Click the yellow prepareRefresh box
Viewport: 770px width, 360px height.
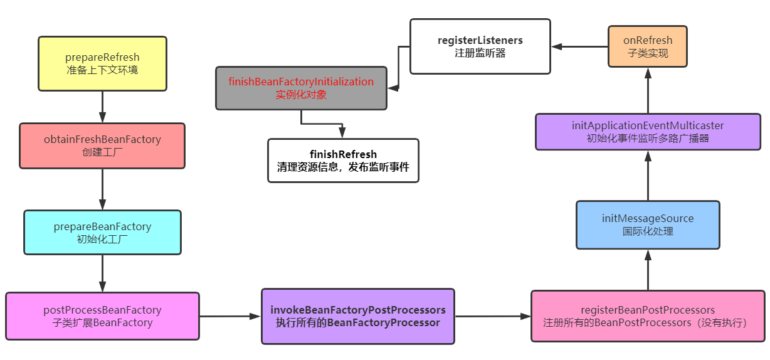102,63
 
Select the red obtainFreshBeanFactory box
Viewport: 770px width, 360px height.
102,146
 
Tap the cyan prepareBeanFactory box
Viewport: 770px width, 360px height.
102,232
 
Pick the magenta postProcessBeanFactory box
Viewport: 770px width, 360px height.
102,316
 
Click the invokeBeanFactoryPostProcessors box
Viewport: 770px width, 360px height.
358,316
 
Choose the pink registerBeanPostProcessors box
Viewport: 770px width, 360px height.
648,316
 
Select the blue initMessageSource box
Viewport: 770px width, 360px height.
648,225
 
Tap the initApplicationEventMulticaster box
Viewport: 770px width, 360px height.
648,132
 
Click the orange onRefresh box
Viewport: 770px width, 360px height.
648,46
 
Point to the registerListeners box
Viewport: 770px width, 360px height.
480,46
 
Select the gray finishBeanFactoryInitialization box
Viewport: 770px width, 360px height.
301,88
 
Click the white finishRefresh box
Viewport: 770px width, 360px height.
343,161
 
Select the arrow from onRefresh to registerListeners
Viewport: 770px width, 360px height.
579,46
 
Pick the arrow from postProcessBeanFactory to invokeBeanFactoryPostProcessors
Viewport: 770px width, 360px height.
230,316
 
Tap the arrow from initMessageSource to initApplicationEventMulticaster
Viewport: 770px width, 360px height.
648,176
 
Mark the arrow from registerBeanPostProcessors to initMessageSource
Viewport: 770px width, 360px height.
648,270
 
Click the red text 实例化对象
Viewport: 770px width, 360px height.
301,95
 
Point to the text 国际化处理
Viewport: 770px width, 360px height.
648,231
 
